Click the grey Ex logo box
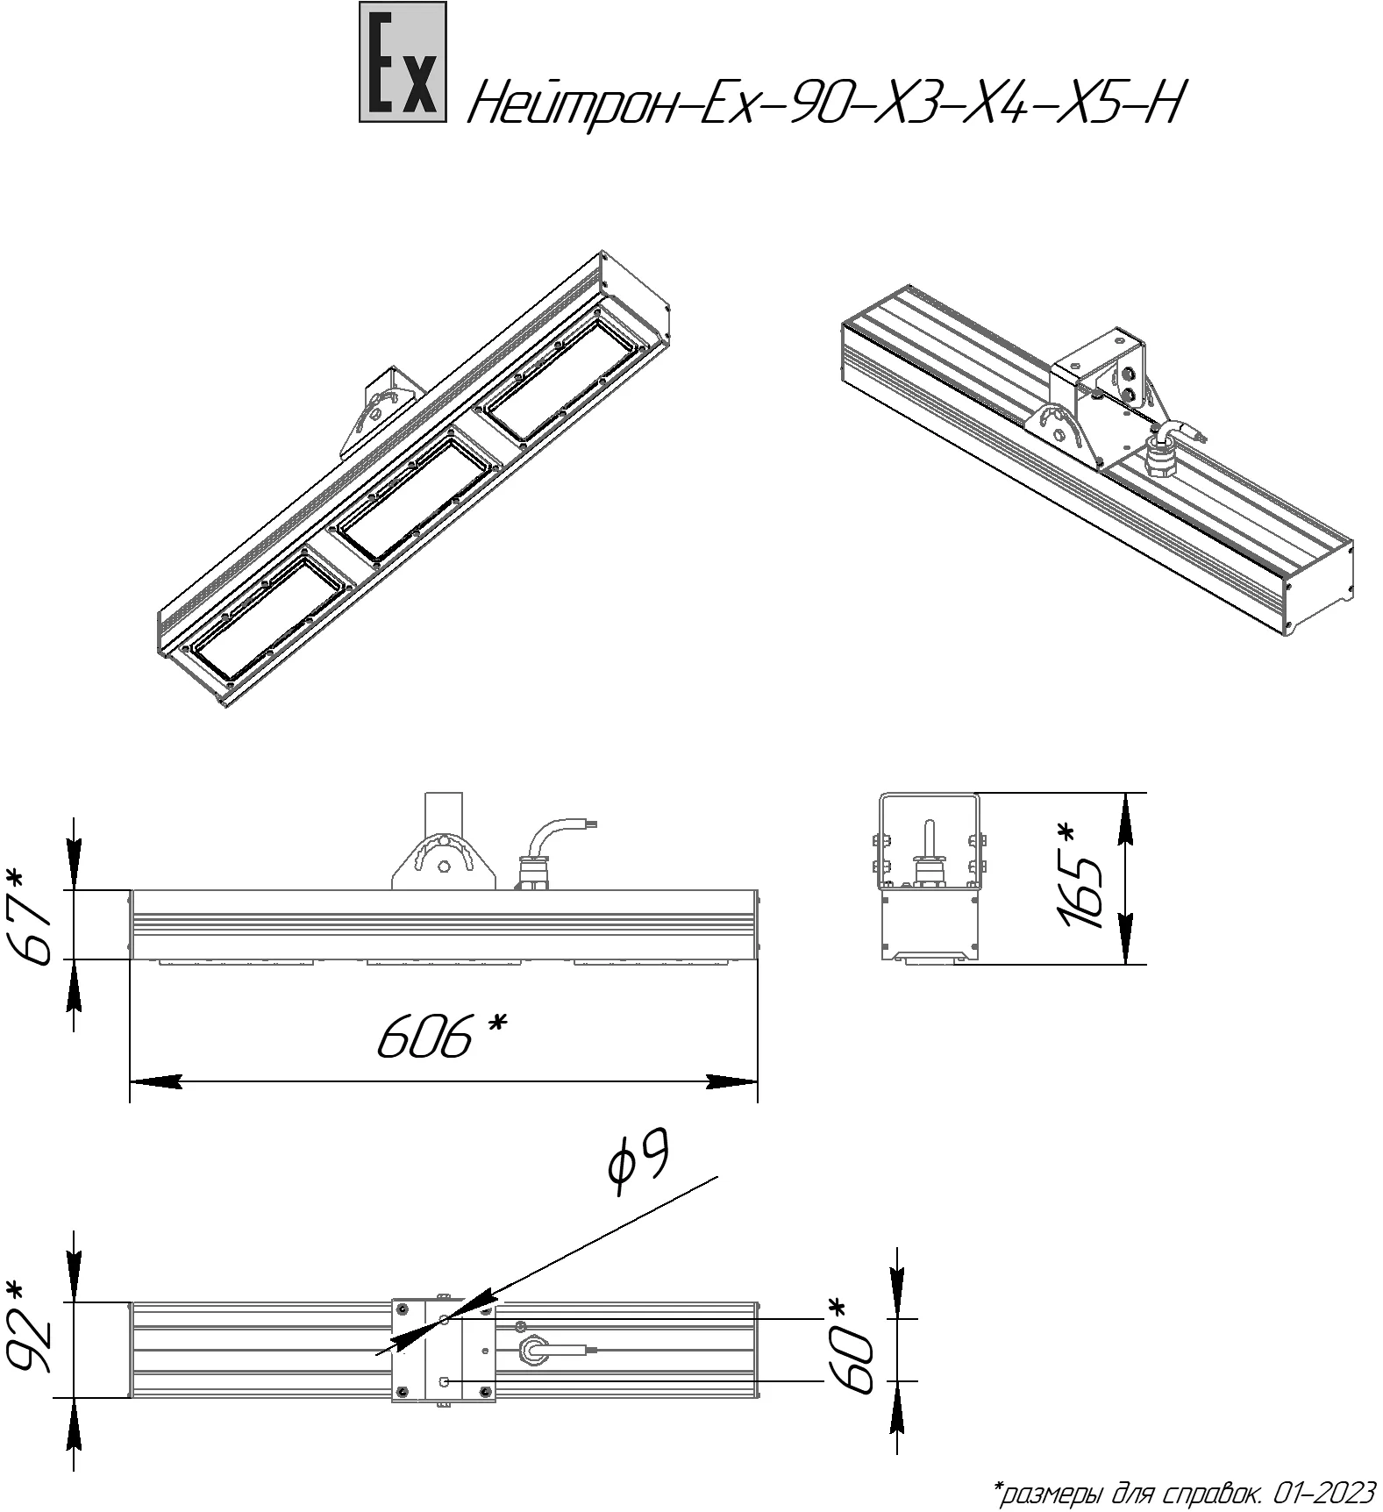(403, 61)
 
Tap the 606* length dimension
(443, 1036)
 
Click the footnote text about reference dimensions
(1184, 1491)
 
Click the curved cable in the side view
(549, 837)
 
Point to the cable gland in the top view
(531, 1351)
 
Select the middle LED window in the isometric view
(413, 501)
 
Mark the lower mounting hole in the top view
(444, 1381)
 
